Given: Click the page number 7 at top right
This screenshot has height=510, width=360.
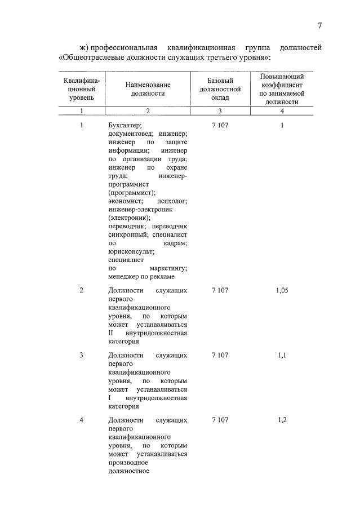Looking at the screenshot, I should pyautogui.click(x=319, y=25).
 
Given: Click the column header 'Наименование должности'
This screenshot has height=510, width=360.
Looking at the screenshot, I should pyautogui.click(x=148, y=88).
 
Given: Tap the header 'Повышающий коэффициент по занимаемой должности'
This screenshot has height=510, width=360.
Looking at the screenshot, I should pyautogui.click(x=282, y=89).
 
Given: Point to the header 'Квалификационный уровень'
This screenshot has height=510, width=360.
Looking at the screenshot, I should pyautogui.click(x=82, y=89).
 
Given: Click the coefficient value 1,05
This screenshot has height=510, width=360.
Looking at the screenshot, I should pyautogui.click(x=282, y=290).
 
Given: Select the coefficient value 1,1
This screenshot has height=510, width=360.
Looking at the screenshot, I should pyautogui.click(x=282, y=355).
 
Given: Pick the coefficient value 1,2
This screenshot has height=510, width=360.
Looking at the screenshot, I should pyautogui.click(x=282, y=420).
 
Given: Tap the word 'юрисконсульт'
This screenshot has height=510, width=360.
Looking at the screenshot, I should pyautogui.click(x=129, y=252).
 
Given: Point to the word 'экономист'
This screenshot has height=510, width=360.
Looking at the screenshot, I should pyautogui.click(x=125, y=201).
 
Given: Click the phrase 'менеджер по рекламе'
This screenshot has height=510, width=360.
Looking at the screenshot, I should pyautogui.click(x=141, y=277).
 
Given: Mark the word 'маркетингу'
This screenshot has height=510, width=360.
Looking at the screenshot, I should pyautogui.click(x=168, y=269).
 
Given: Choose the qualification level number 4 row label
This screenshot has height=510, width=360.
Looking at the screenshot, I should pyautogui.click(x=82, y=420).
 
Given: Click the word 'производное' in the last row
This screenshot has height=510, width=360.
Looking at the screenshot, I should pyautogui.click(x=128, y=462).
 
